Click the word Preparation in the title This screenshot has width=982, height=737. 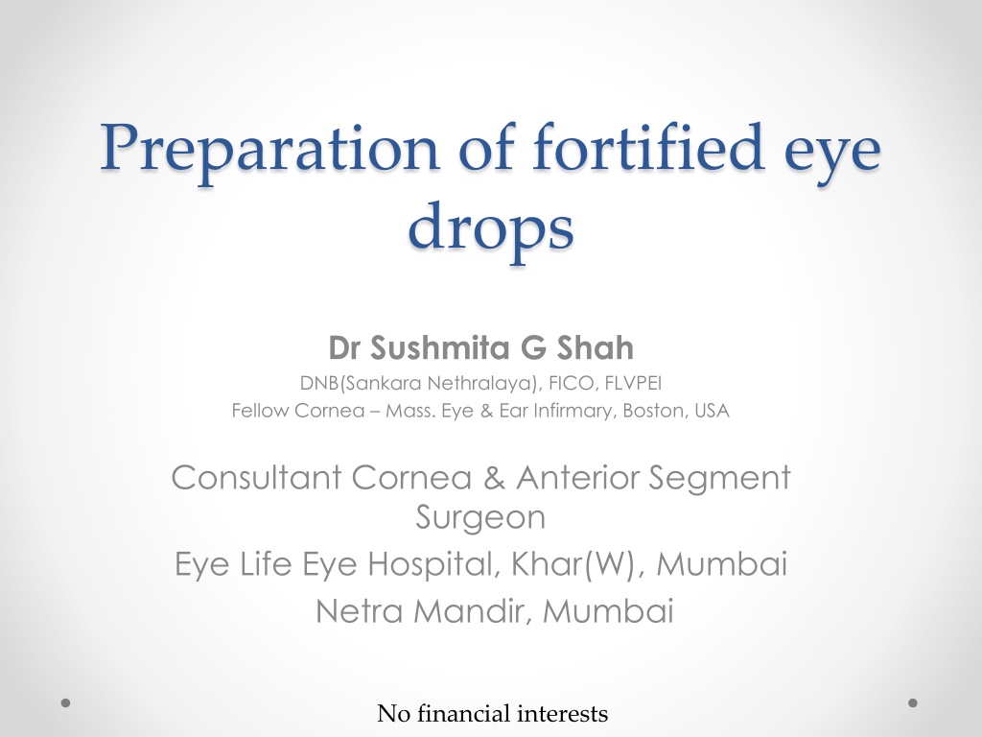tap(269, 151)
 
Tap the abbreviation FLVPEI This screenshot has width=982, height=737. tap(633, 382)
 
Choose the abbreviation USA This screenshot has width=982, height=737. tap(713, 411)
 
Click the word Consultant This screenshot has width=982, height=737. tap(256, 478)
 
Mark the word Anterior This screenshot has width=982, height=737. tap(578, 478)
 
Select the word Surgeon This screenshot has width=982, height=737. tap(480, 517)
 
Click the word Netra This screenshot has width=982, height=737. tap(359, 611)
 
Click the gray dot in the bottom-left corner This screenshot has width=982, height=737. tap(66, 702)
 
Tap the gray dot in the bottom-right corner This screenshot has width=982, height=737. tap(913, 702)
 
